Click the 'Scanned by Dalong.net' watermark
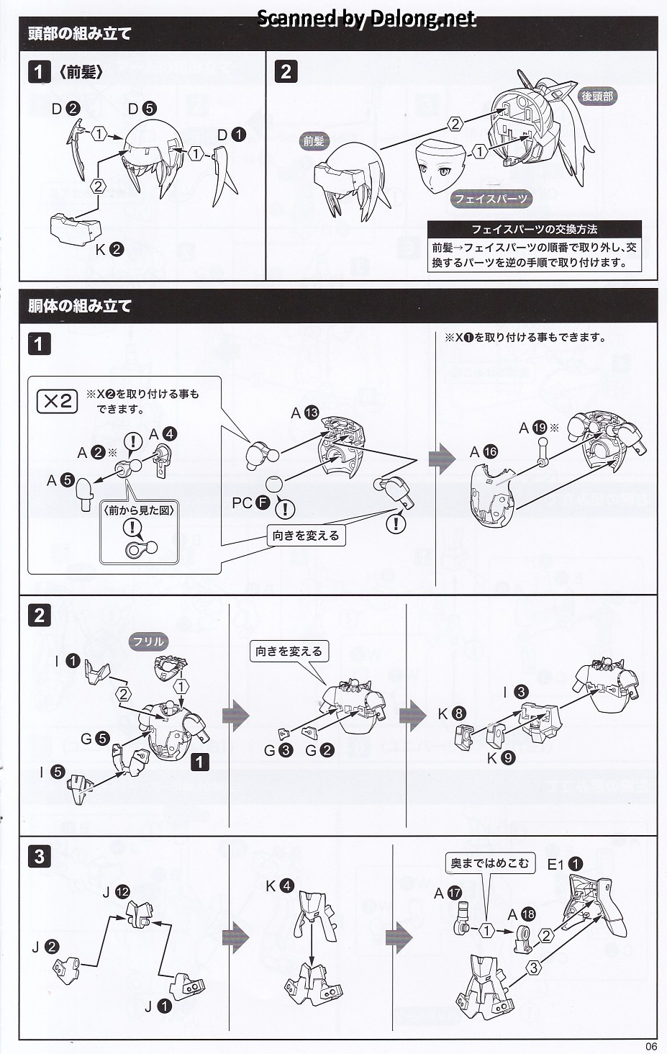[366, 18]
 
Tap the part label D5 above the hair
[142, 109]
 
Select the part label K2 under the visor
[109, 250]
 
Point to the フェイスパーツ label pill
[491, 199]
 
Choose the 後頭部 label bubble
[597, 96]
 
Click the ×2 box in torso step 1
[58, 401]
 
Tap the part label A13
[304, 413]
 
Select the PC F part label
[251, 503]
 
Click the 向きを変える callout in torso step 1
[306, 536]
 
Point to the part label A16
[484, 452]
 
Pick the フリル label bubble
[148, 641]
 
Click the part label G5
[95, 739]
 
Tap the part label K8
[451, 713]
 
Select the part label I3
[516, 693]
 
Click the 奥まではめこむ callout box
[489, 863]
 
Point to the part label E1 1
[565, 864]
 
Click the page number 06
[651, 1047]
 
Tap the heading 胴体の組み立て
[79, 306]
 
